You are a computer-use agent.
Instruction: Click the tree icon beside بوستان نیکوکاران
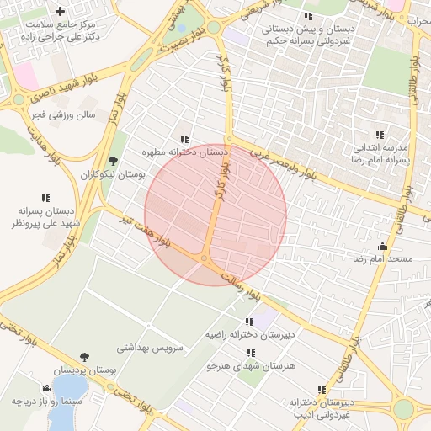point(113,161)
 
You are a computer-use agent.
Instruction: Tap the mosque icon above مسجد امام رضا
point(382,246)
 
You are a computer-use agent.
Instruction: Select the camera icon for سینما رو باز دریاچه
point(45,389)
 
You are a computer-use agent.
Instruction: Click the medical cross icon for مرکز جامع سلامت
point(59,11)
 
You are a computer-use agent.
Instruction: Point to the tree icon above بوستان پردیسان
point(83,357)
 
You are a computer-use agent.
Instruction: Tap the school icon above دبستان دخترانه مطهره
point(184,139)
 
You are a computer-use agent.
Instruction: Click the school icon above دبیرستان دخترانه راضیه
point(248,322)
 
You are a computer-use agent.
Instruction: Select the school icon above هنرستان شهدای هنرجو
point(249,353)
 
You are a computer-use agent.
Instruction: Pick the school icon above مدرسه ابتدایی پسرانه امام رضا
point(380,134)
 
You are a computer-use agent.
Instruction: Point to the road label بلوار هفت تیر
point(136,231)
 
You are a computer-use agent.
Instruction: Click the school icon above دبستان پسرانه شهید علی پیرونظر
point(45,198)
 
